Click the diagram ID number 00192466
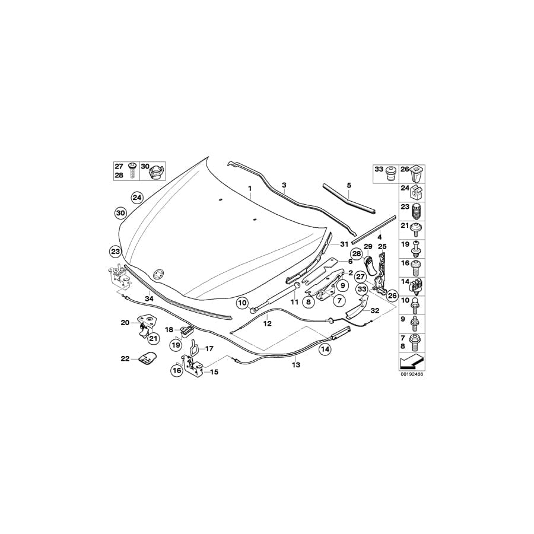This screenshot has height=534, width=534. (x=411, y=374)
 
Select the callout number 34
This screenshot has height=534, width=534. (x=149, y=299)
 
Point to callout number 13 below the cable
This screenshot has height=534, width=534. (x=295, y=365)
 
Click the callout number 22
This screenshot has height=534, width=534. (x=125, y=358)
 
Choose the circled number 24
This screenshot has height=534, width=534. (x=137, y=197)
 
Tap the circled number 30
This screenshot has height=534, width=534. (x=120, y=212)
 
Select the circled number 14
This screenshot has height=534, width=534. (x=325, y=349)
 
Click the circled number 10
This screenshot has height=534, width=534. (x=242, y=303)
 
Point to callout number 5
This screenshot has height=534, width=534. (x=349, y=185)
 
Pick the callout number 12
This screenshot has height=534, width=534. (x=268, y=324)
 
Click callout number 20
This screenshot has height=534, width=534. (x=125, y=323)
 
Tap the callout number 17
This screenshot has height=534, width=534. (x=209, y=349)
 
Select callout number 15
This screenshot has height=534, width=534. (x=214, y=372)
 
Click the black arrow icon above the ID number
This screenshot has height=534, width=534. (x=412, y=360)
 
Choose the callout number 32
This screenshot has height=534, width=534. (x=375, y=310)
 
